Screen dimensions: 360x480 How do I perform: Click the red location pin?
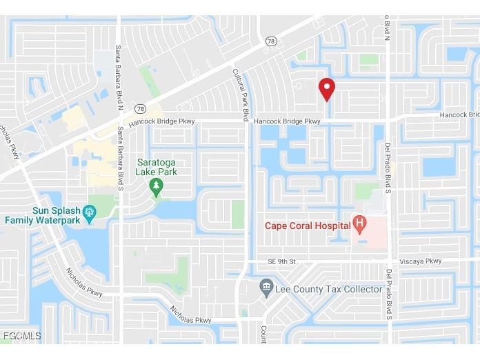click(326, 88)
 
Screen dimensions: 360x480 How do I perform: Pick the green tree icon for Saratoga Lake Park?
click(157, 185)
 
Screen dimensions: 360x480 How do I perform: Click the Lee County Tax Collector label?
click(328, 289)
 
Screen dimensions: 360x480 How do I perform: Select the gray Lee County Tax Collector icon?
click(266, 286)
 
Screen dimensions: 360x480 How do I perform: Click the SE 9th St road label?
click(281, 262)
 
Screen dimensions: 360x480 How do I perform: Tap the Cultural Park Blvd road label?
click(241, 94)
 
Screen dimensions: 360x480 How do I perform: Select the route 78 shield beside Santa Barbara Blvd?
click(140, 108)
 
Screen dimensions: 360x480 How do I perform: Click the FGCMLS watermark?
click(21, 336)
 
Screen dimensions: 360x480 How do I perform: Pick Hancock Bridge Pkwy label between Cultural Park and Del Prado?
click(287, 121)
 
